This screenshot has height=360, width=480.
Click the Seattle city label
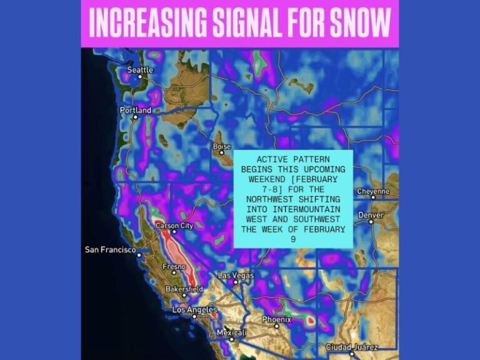[x=140, y=70]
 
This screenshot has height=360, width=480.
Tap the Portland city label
[x=136, y=111]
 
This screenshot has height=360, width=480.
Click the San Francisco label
[x=110, y=250]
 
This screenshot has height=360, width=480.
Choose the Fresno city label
[x=173, y=267]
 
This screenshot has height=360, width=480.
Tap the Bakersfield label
[x=184, y=289]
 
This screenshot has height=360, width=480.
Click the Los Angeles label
[x=194, y=310]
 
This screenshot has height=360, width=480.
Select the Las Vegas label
[x=236, y=276]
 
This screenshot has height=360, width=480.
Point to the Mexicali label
[x=231, y=333]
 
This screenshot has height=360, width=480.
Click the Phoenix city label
[x=276, y=319]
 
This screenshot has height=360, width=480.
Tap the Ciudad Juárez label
[x=352, y=347]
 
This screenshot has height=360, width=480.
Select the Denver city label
[x=371, y=215]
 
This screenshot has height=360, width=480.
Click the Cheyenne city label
[x=372, y=191]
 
